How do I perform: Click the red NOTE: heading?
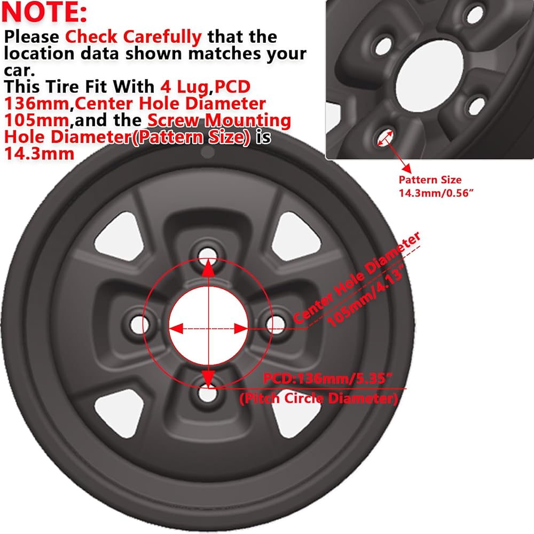click(44, 12)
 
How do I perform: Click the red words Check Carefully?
click(133, 37)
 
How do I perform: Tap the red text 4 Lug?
click(184, 87)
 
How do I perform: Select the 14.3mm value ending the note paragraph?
click(39, 154)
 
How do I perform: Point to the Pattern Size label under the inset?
click(430, 180)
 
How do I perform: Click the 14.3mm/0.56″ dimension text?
click(436, 193)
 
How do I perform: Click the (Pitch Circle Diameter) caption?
click(318, 398)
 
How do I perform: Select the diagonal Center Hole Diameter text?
click(357, 278)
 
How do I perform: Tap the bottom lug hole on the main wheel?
click(208, 394)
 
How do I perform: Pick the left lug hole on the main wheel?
click(139, 325)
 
